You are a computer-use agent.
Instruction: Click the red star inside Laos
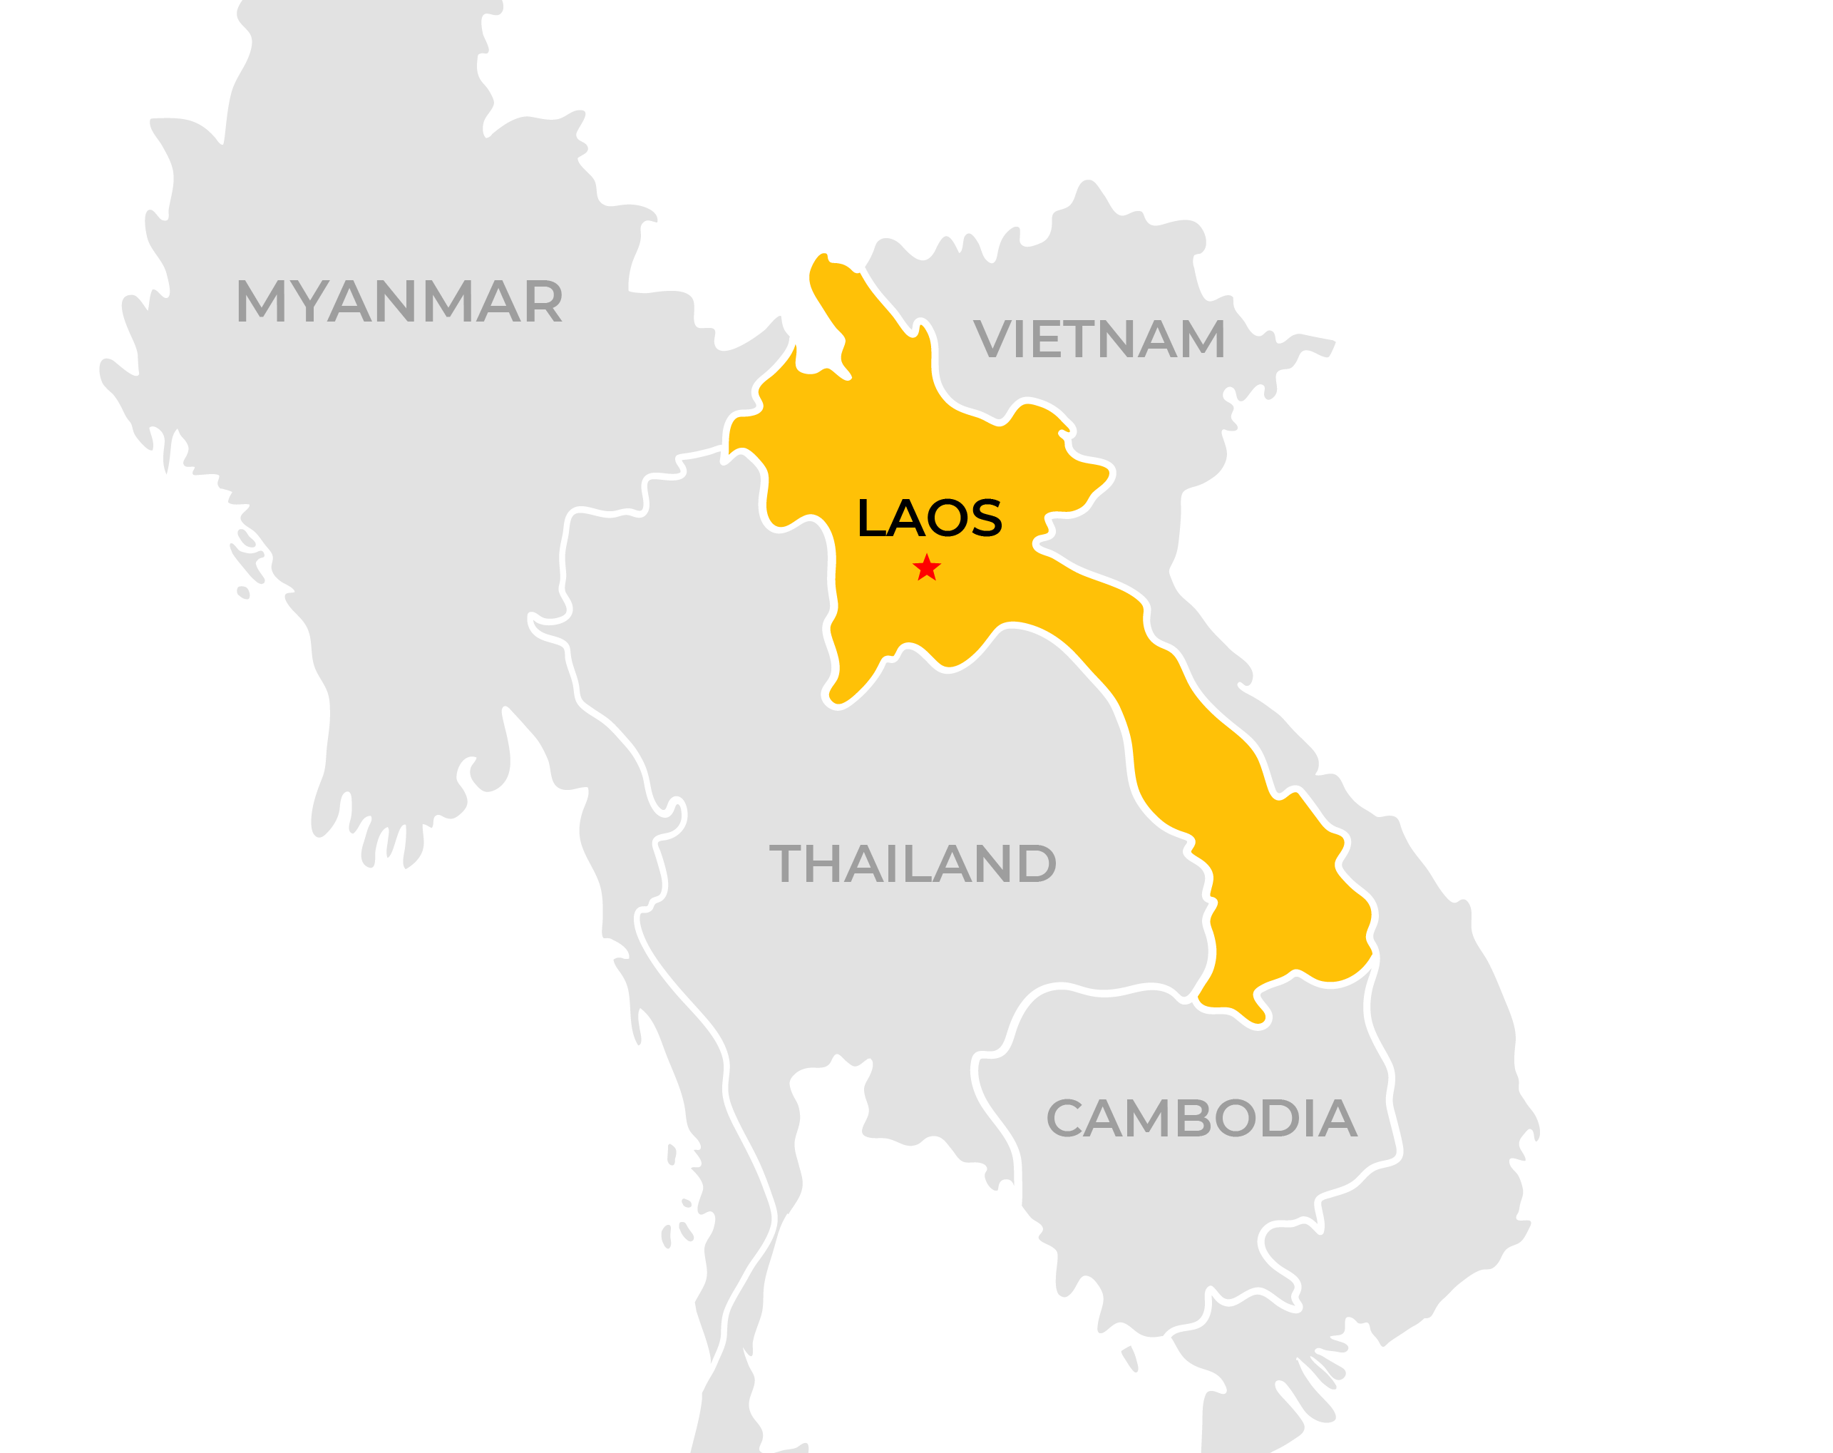click(x=926, y=568)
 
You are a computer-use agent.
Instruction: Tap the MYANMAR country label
click(x=399, y=301)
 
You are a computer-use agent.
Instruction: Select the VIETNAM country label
click(x=1099, y=339)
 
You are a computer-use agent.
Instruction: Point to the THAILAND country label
click(x=913, y=864)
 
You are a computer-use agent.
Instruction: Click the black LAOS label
click(x=930, y=518)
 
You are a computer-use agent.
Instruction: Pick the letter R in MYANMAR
click(x=544, y=301)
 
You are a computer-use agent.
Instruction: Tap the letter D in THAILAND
click(x=1035, y=864)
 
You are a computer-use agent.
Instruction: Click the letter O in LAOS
click(x=945, y=518)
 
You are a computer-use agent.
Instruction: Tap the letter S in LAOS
click(x=986, y=518)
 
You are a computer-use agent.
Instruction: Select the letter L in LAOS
click(x=871, y=518)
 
